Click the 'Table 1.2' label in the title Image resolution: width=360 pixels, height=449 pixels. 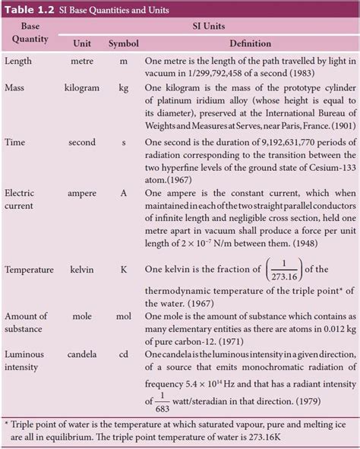pyautogui.click(x=30, y=10)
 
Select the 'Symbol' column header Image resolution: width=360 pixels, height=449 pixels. pyautogui.click(x=122, y=43)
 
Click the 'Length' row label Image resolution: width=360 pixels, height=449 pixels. pyautogui.click(x=19, y=61)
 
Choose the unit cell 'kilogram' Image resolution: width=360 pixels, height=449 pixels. pyautogui.click(x=81, y=88)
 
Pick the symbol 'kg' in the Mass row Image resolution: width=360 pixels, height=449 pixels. pyautogui.click(x=123, y=88)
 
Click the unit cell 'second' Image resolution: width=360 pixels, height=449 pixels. pyautogui.click(x=81, y=142)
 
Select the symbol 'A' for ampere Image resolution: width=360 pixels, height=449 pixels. pyautogui.click(x=123, y=194)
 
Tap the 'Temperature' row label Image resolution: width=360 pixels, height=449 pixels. pyautogui.click(x=30, y=269)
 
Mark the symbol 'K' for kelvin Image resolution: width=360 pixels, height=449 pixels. pyautogui.click(x=123, y=269)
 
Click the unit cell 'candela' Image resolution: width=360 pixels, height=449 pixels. pyautogui.click(x=81, y=354)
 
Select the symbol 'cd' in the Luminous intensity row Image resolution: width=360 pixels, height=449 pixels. pyautogui.click(x=123, y=354)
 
